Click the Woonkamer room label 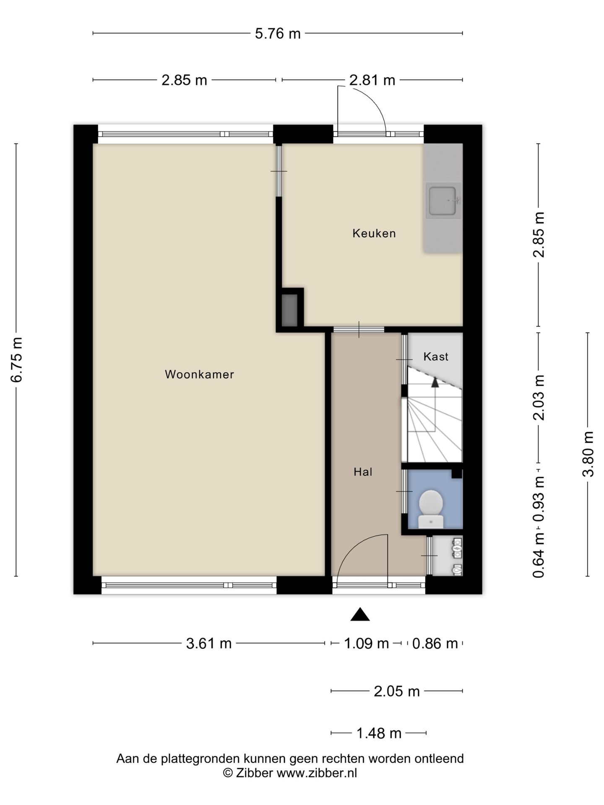(x=199, y=374)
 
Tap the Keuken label (x=374, y=233)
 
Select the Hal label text (x=363, y=472)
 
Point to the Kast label (x=436, y=356)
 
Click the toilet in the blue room (x=431, y=509)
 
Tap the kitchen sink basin (x=443, y=200)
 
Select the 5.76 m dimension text (x=278, y=34)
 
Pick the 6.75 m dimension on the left (x=17, y=360)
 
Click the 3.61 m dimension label (x=209, y=643)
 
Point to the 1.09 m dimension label (x=366, y=643)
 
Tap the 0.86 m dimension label (x=435, y=643)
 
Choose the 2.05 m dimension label (x=397, y=691)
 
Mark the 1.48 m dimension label (x=379, y=733)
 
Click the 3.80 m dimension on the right (x=588, y=454)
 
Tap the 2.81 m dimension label (x=372, y=80)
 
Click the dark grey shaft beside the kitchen (x=289, y=310)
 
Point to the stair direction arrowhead (x=435, y=382)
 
